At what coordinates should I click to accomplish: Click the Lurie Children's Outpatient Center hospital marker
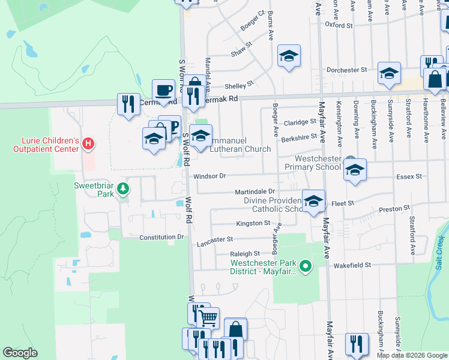[88, 144]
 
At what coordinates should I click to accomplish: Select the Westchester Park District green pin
[306, 265]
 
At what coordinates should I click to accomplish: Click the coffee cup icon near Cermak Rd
[163, 91]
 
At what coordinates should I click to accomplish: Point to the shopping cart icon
[208, 317]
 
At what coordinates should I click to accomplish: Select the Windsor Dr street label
[209, 176]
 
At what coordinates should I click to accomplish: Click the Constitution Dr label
[161, 238]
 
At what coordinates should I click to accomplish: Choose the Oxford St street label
[339, 26]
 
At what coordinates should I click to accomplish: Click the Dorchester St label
[346, 70]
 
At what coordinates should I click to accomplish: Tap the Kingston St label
[253, 223]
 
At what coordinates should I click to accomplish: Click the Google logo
[20, 353]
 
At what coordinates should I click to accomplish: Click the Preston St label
[393, 211]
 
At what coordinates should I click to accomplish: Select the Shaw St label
[242, 53]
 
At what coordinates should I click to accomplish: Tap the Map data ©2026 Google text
[412, 355]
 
